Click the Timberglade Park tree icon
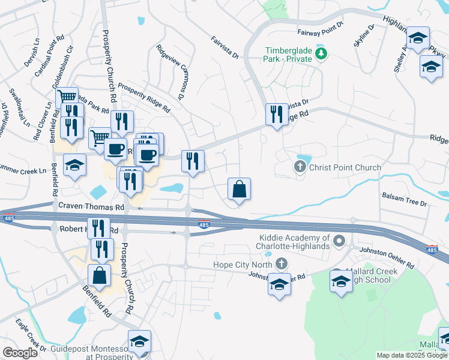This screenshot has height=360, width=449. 322,54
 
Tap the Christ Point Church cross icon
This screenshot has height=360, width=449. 300,167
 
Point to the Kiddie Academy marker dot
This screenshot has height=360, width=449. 340,242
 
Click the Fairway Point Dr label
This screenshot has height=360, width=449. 320,31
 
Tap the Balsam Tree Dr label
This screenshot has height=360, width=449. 404,200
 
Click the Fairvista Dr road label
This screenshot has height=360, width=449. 225,48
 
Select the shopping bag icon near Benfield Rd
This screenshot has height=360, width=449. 99,275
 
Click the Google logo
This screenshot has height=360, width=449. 20,353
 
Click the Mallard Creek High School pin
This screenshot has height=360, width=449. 341,281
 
